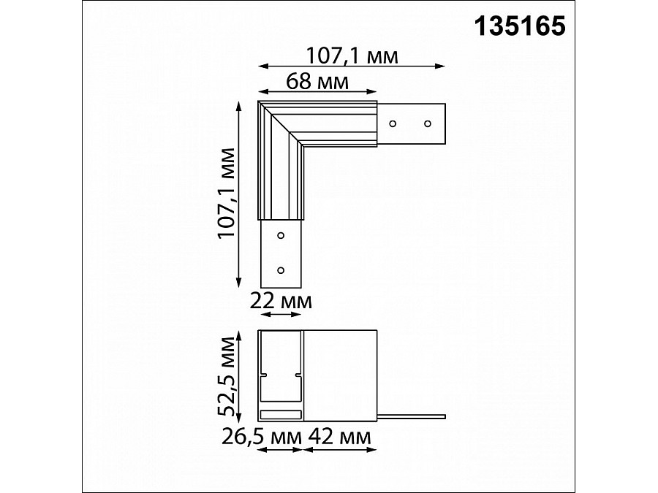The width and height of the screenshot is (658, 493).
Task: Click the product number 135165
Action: [520, 27]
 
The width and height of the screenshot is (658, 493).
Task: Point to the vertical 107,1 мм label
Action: [227, 193]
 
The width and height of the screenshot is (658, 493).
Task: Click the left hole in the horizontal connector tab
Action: [393, 124]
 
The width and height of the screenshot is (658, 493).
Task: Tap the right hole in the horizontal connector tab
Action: [428, 124]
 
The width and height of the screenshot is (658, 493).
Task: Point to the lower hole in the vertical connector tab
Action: [281, 270]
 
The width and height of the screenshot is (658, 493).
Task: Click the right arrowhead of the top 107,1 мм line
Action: [442, 66]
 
